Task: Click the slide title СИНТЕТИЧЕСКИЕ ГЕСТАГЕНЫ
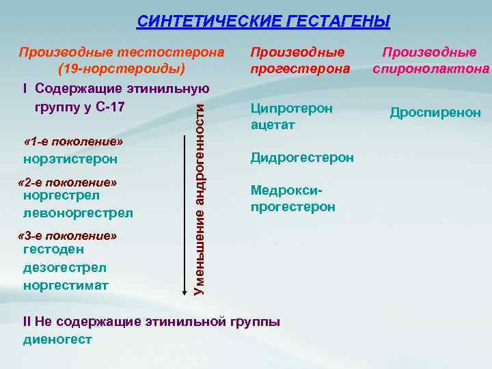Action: click(x=263, y=22)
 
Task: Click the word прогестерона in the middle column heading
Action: click(x=300, y=69)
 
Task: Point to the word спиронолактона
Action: click(x=430, y=69)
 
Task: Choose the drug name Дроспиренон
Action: click(x=435, y=113)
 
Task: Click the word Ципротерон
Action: click(x=292, y=109)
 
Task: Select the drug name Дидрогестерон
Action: click(x=302, y=158)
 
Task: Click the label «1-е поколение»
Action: click(x=73, y=141)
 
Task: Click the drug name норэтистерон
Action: click(x=70, y=159)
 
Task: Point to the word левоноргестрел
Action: click(x=78, y=213)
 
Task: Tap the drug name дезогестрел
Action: click(x=64, y=267)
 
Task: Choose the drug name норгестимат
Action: click(x=66, y=285)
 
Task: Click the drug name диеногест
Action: click(x=57, y=339)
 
